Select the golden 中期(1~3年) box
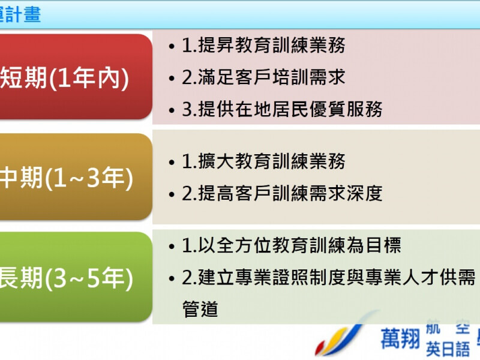pyautogui.click(x=72, y=178)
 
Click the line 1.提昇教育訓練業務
pyautogui.click(x=264, y=45)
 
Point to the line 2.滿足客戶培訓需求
pyautogui.click(x=264, y=77)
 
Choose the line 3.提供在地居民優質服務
pyautogui.click(x=282, y=109)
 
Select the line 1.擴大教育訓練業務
pyautogui.click(x=264, y=161)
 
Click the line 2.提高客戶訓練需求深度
pyautogui.click(x=282, y=193)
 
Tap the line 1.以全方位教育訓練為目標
pyautogui.click(x=292, y=245)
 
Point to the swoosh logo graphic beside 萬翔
pyautogui.click(x=342, y=339)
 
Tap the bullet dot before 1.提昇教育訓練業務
pyautogui.click(x=172, y=46)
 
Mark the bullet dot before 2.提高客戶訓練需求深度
pyautogui.click(x=172, y=194)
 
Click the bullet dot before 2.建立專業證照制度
pyautogui.click(x=172, y=278)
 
